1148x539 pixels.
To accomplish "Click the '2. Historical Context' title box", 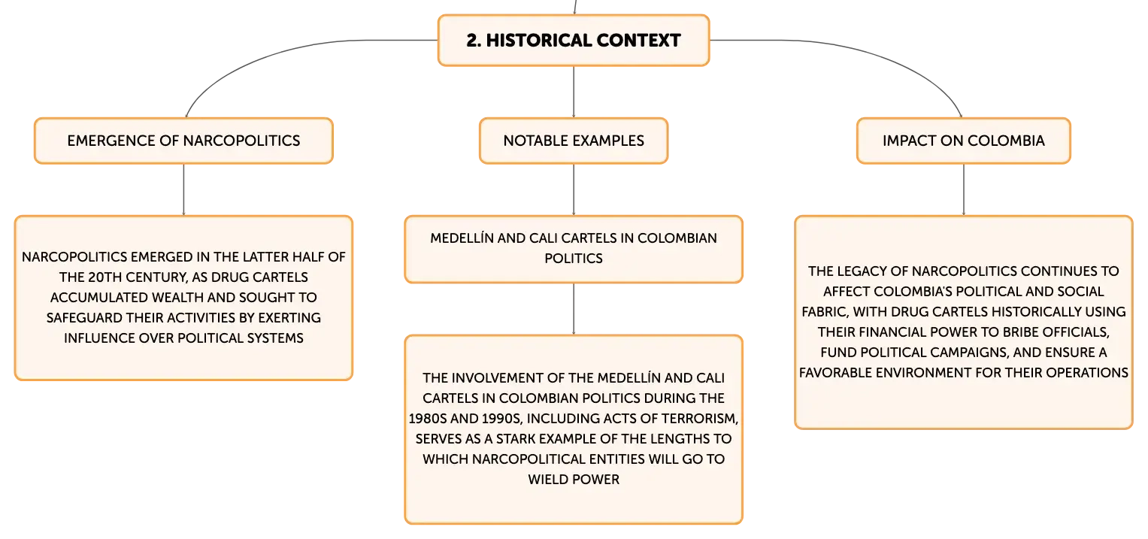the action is tap(574, 40).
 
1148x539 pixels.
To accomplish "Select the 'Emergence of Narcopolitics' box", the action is tap(183, 141).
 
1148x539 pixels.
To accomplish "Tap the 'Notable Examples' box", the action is tap(574, 141).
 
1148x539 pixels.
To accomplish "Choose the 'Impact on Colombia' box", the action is tap(964, 141).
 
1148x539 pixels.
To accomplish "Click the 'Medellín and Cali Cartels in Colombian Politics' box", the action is tap(574, 249).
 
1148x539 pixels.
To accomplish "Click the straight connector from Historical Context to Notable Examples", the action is tap(574, 92).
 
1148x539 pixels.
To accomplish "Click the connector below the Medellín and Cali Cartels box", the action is tap(574, 309).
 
